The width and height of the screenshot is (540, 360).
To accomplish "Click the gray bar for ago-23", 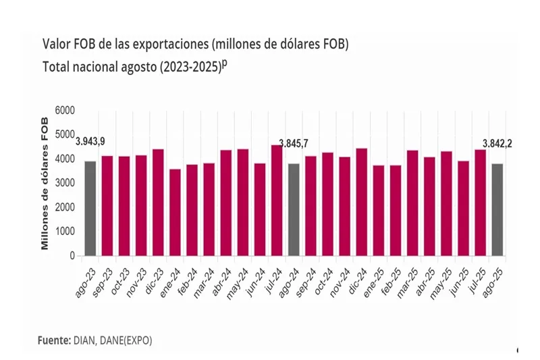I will click(90, 209).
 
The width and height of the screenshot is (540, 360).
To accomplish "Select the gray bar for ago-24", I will click(294, 210).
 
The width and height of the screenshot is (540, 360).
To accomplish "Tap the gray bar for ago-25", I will click(497, 210).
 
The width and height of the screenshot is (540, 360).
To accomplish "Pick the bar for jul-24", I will click(277, 201).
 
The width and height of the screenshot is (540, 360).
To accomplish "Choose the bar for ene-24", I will click(175, 213).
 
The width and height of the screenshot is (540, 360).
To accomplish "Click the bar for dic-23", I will click(158, 203).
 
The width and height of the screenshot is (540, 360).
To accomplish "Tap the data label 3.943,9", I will click(90, 142).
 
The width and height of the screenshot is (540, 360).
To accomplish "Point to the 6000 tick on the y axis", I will click(65, 111).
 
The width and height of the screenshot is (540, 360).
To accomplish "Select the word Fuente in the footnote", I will click(54, 340).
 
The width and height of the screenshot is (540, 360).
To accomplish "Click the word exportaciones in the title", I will click(171, 45).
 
